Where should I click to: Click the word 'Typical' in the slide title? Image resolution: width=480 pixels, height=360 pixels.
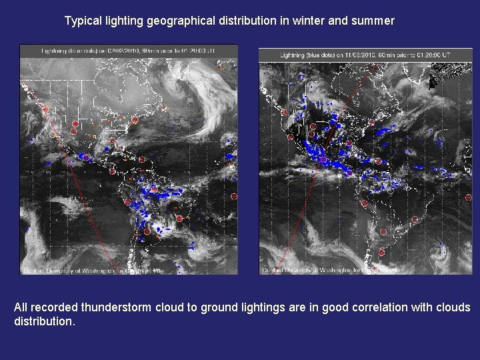click(x=83, y=21)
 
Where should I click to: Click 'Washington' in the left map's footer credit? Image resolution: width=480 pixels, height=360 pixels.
click(x=93, y=271)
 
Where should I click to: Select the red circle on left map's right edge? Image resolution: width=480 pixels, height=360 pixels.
click(x=234, y=197)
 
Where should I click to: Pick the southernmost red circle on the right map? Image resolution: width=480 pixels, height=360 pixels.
click(x=381, y=252)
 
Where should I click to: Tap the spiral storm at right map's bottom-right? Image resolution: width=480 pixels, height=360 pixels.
click(x=441, y=252)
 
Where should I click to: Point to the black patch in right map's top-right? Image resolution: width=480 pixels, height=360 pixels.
click(x=440, y=80)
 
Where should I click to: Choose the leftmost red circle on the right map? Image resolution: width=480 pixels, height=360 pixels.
click(x=285, y=113)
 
